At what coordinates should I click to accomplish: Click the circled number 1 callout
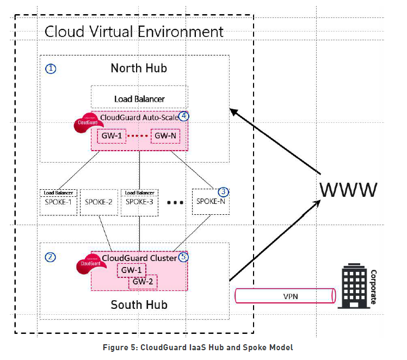[51, 69]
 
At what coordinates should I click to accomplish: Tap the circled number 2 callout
[51, 257]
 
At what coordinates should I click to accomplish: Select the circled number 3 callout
[223, 192]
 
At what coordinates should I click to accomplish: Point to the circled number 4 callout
[184, 116]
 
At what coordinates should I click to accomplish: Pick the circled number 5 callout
[183, 257]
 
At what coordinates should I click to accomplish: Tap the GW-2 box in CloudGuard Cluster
[143, 282]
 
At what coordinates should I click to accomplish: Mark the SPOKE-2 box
[99, 202]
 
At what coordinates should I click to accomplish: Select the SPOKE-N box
[210, 202]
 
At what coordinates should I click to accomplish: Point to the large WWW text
[348, 190]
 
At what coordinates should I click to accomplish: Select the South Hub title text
[138, 304]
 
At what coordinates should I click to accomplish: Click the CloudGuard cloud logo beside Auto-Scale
[87, 122]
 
